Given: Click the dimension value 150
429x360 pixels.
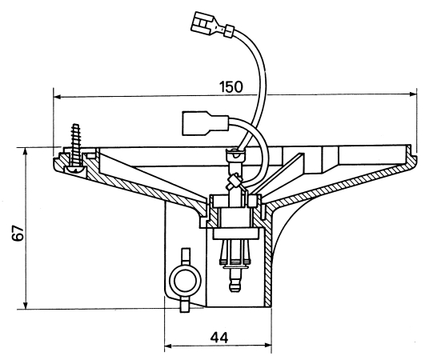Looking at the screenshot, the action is pyautogui.click(x=231, y=86).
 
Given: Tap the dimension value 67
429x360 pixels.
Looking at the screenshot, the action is pyautogui.click(x=18, y=233).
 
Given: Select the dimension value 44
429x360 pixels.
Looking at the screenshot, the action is pyautogui.click(x=219, y=338).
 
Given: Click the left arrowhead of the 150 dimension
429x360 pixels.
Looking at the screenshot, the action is pyautogui.click(x=58, y=97).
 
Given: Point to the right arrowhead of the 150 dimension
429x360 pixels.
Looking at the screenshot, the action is pyautogui.click(x=412, y=94).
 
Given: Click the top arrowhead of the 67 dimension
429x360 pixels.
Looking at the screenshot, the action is pyautogui.click(x=26, y=152).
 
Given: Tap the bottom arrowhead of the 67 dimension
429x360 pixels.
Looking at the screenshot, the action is pyautogui.click(x=26, y=305).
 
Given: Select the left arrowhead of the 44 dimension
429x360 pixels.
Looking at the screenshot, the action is pyautogui.click(x=170, y=346).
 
